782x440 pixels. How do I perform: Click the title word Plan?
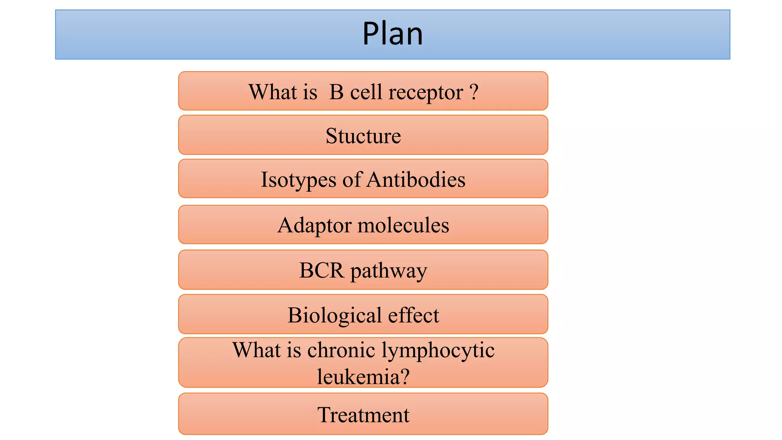pos(393,34)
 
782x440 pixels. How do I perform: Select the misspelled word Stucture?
pos(363,136)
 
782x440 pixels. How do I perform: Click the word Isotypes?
pos(299,180)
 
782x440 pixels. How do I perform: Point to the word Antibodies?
pos(416,180)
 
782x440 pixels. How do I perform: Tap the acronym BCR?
pos(322,270)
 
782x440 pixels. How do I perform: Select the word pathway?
pos(389,271)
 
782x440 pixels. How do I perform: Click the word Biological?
pos(334,315)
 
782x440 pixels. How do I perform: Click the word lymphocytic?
pos(438,351)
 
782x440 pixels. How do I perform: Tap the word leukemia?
pos(359,377)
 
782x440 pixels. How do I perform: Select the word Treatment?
pos(363,415)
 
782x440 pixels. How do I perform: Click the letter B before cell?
pos(336,92)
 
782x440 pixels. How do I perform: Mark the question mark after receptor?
pos(474,92)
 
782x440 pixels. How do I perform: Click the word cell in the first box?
pos(366,92)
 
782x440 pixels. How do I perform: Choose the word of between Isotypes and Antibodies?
pos(352,180)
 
